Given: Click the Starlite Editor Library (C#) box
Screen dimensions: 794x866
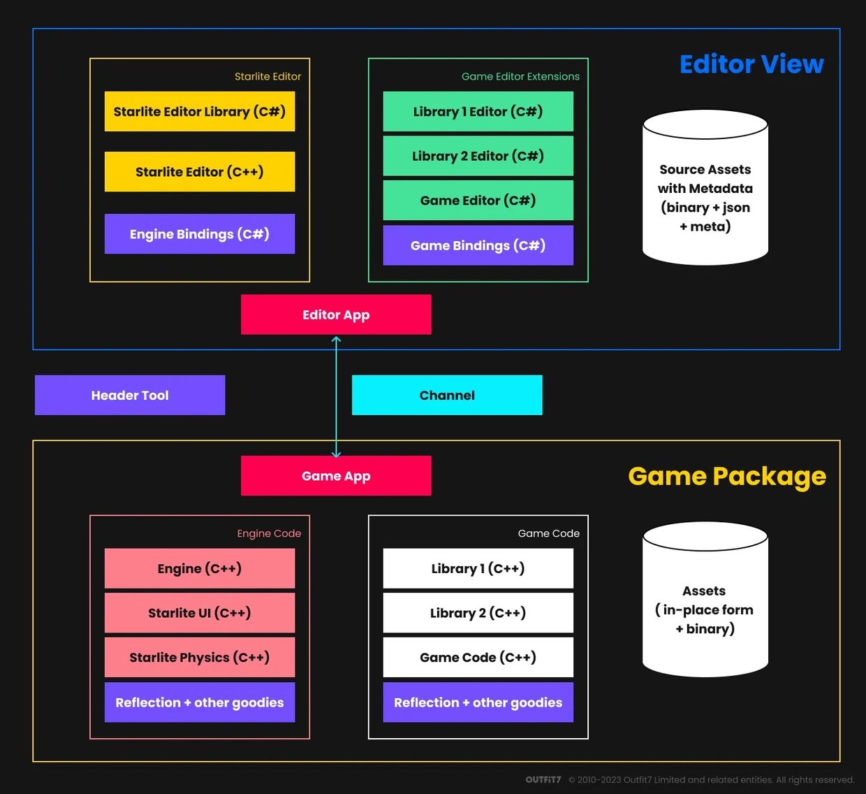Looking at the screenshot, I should point(199,111).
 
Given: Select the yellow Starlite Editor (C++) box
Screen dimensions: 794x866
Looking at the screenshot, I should point(199,171).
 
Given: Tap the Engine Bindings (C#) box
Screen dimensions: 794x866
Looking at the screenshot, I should point(199,233).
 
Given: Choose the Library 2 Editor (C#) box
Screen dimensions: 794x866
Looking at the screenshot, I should point(478,156).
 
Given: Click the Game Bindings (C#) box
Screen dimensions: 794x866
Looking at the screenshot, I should point(478,245).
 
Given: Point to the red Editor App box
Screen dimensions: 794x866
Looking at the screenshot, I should point(336,315).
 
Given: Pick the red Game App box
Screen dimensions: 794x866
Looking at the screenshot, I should point(336,476).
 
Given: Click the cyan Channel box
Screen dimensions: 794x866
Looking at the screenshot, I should point(447,395).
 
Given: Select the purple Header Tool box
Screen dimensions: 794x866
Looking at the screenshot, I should point(130,395).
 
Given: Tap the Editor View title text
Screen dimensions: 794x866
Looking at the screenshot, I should point(751,64).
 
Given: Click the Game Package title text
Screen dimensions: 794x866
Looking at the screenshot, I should point(727,476).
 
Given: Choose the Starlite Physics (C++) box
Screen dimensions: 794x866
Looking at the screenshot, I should point(199,657).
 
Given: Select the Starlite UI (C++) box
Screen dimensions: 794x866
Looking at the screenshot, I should point(199,613).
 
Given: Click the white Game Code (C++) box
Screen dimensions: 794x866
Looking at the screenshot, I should point(478,657).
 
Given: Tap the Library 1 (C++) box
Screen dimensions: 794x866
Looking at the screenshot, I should point(478,568).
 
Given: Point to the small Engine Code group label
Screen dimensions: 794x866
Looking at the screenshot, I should point(269,533).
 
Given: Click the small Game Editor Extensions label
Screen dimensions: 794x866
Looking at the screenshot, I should point(520,76).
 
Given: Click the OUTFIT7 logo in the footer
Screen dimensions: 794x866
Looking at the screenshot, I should point(543,779).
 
